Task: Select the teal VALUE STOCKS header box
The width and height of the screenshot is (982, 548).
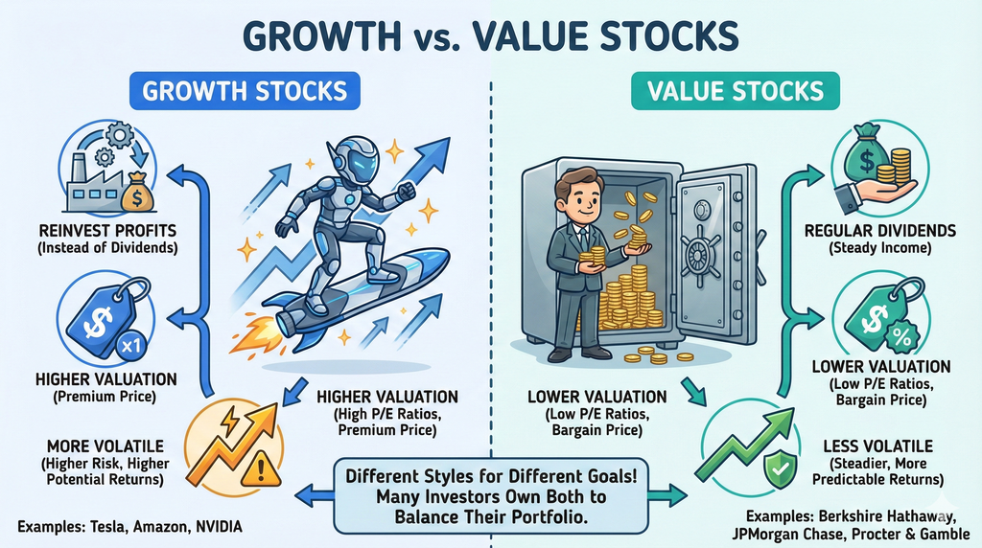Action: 736,91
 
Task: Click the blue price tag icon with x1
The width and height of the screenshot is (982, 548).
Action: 102,316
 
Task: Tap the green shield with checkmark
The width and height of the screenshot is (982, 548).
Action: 778,468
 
